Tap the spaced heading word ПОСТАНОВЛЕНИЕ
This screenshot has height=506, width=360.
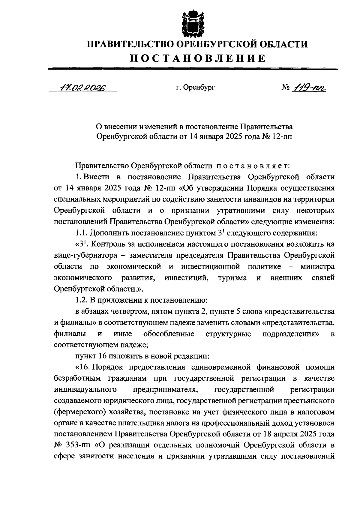coord(198,58)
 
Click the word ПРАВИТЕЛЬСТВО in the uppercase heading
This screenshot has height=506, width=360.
coord(130,45)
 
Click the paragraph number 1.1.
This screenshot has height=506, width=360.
coord(81,233)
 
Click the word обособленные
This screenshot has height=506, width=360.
coord(169,334)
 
